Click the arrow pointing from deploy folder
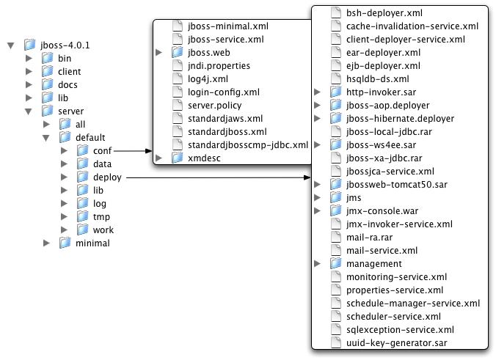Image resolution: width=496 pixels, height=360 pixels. point(220,177)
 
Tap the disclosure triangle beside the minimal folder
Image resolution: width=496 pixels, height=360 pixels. point(46,243)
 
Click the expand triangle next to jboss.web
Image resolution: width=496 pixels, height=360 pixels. point(159,53)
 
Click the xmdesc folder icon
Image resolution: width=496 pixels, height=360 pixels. point(176,158)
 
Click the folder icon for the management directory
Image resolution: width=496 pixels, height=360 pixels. point(336,263)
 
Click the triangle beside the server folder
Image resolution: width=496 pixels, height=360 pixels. point(29,111)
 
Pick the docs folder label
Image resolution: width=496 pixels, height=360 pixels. point(68,85)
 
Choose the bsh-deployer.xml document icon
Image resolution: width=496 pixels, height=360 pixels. point(336,12)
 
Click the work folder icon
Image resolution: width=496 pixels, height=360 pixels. point(82,230)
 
